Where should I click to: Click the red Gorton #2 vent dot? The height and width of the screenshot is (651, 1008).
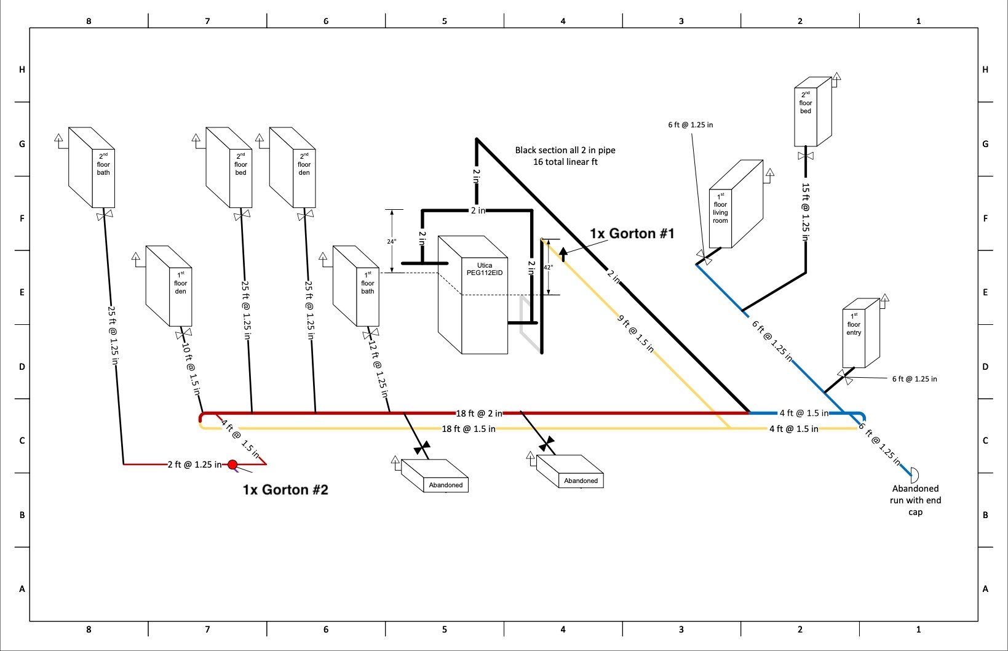[232, 465]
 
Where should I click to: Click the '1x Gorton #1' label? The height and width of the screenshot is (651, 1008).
[632, 234]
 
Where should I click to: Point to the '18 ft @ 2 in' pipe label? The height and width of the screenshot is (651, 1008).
[478, 413]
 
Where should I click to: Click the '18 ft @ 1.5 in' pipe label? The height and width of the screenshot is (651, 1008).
[469, 429]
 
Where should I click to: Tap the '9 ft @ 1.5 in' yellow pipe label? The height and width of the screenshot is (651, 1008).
[635, 333]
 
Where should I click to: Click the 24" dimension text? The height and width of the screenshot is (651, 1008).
[391, 242]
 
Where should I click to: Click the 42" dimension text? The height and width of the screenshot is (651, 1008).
[548, 268]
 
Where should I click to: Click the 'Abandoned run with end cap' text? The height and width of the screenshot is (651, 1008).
[915, 500]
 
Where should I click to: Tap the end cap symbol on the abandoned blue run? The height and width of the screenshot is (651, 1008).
[913, 474]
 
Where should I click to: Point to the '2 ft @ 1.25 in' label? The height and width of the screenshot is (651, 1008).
[194, 465]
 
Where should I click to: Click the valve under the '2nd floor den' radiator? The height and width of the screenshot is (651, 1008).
[305, 216]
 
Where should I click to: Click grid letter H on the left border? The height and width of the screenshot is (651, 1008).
[22, 70]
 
